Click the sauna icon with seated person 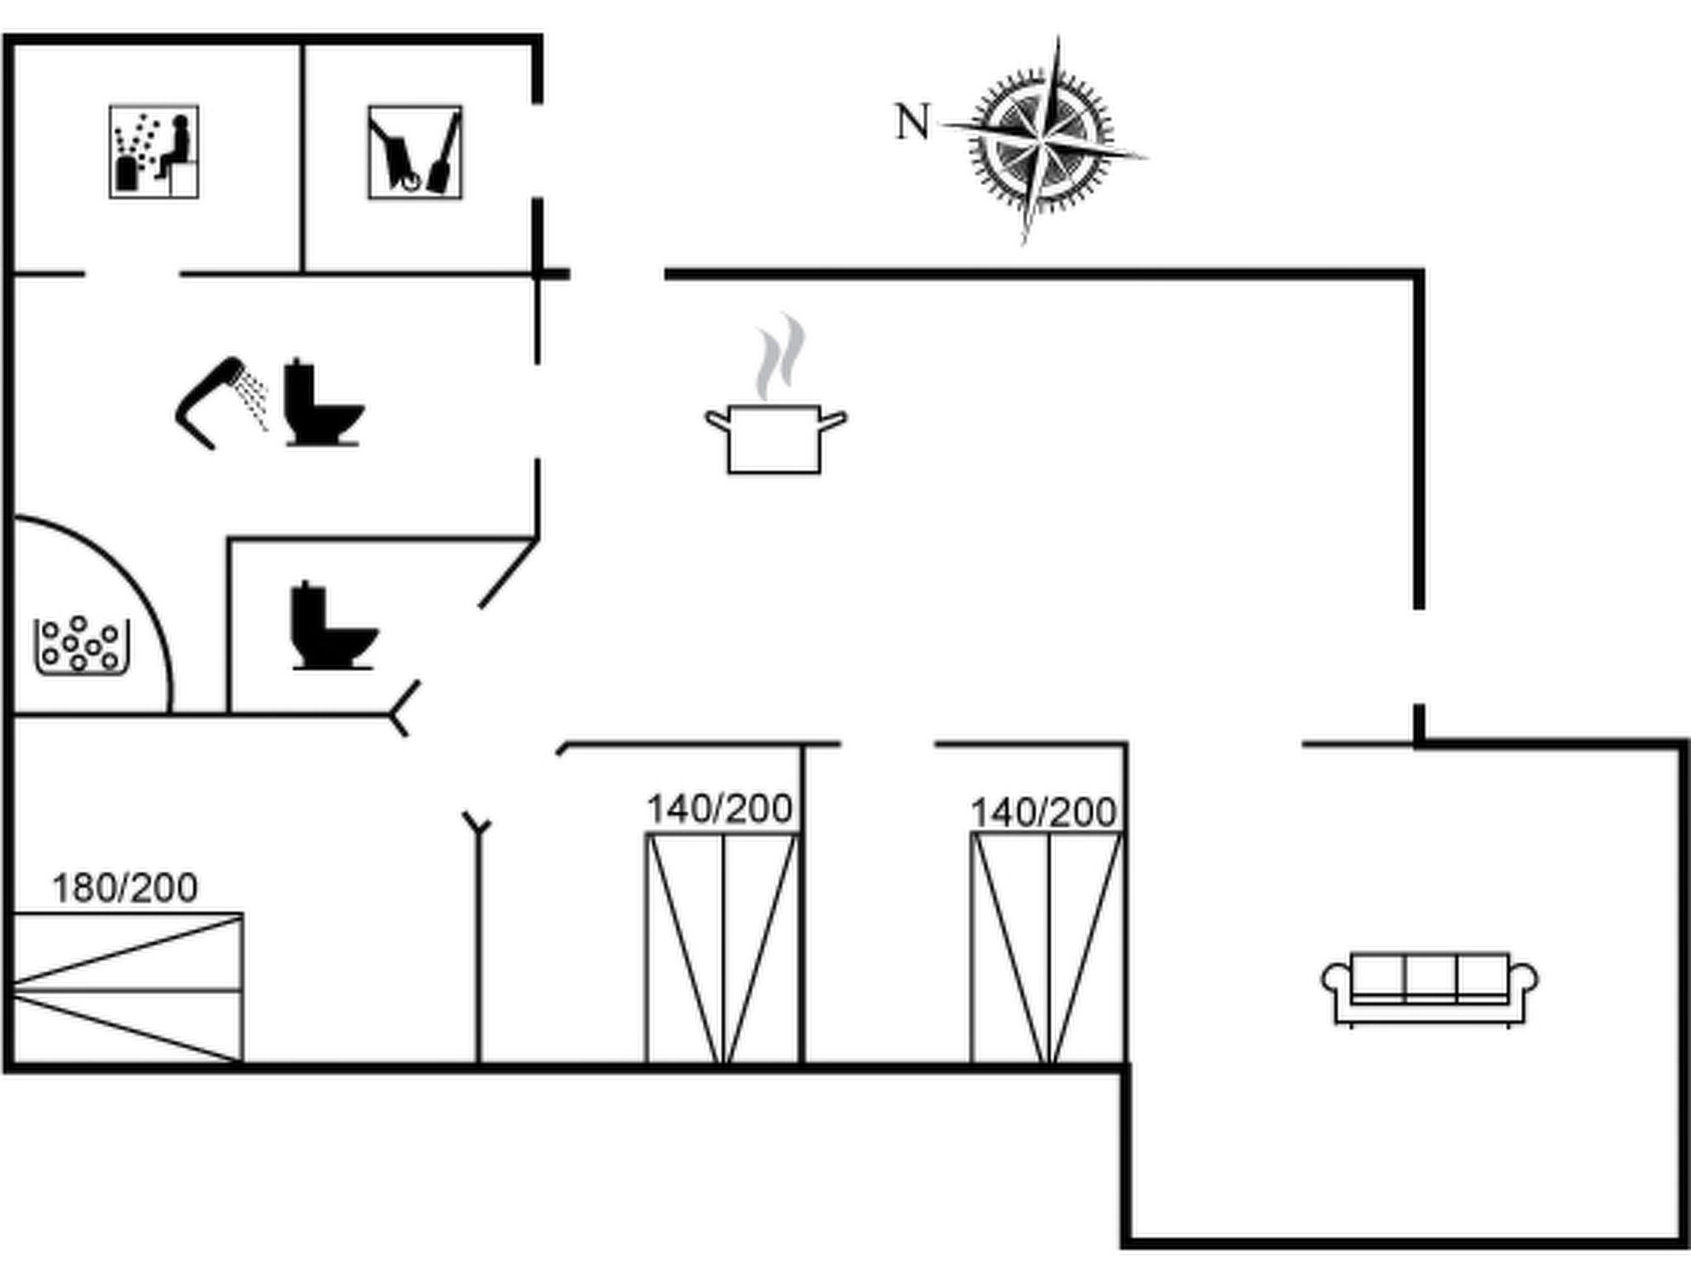154,152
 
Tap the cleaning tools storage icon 414,152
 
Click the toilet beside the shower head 322,403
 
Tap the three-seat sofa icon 1430,987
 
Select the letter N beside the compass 912,122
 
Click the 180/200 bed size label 125,888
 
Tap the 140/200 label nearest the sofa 1043,812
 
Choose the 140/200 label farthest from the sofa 719,809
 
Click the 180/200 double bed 128,987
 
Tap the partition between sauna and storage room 303,157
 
